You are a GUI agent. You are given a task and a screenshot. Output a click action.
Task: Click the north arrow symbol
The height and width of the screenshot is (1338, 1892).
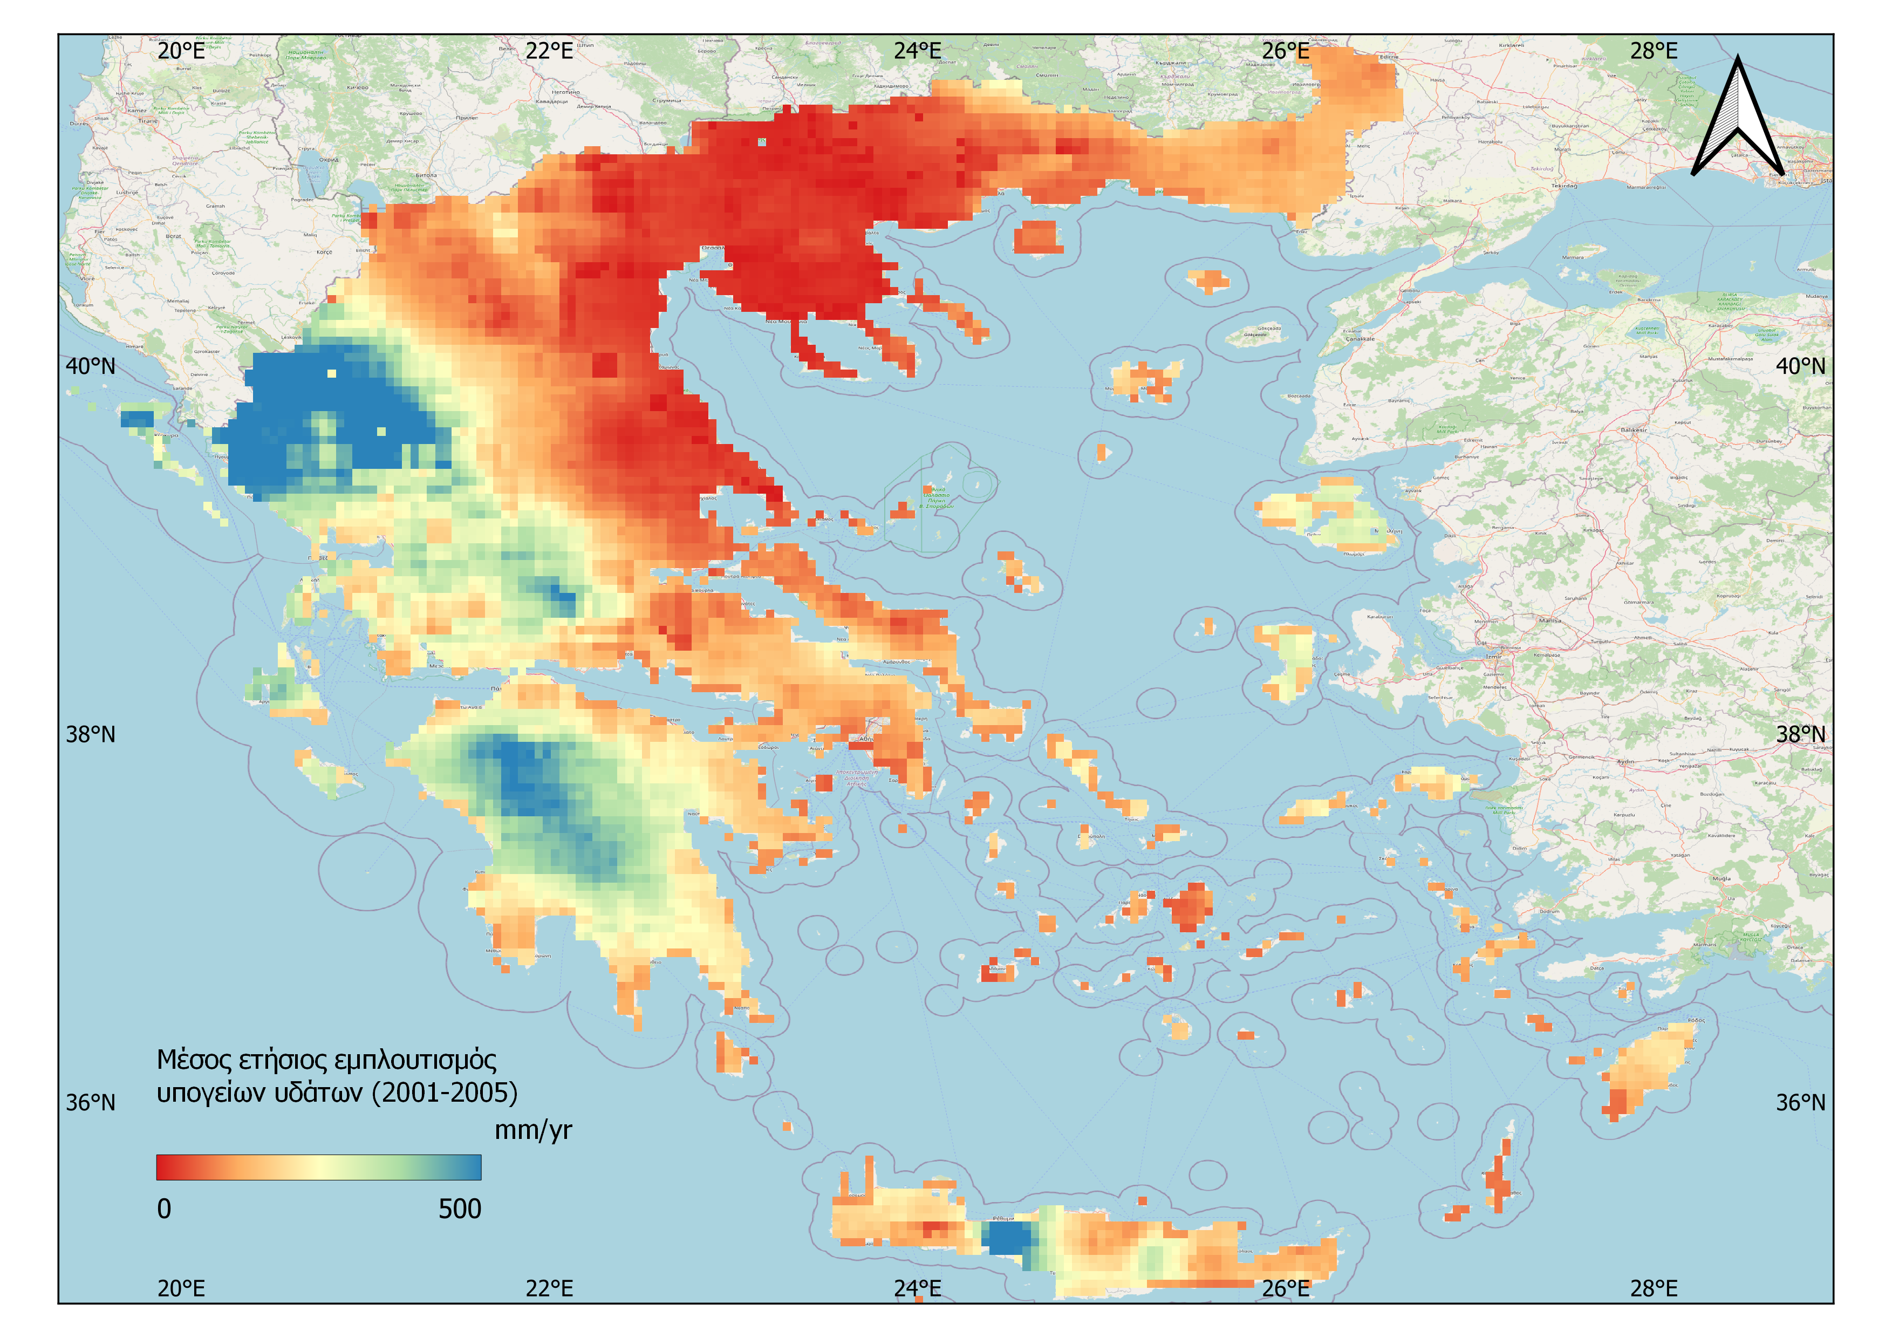(1737, 119)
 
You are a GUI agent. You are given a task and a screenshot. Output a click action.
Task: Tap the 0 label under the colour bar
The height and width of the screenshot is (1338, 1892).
(164, 1209)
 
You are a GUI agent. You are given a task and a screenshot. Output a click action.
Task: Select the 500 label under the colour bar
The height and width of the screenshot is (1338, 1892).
(459, 1209)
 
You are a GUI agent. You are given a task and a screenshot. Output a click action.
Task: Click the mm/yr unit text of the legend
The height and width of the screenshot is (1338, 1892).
(532, 1130)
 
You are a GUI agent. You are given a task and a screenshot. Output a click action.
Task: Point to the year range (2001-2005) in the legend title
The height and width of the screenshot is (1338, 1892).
(445, 1093)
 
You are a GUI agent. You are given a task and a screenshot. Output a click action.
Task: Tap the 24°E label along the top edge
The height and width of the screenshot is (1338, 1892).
(917, 51)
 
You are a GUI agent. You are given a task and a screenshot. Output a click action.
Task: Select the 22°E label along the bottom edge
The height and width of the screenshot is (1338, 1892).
(549, 1288)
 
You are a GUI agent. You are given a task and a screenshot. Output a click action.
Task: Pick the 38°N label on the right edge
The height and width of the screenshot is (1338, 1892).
(1800, 734)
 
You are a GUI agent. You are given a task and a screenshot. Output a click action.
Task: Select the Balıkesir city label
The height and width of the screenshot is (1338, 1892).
(1633, 430)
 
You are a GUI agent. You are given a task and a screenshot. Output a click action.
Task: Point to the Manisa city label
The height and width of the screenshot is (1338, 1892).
(1549, 620)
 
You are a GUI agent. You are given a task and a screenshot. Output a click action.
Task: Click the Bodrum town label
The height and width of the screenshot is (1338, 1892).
(1549, 911)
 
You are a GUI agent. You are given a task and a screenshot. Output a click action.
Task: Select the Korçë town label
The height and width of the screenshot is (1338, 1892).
(324, 252)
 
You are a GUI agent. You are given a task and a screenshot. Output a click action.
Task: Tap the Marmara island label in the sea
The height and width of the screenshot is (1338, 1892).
(1572, 257)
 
